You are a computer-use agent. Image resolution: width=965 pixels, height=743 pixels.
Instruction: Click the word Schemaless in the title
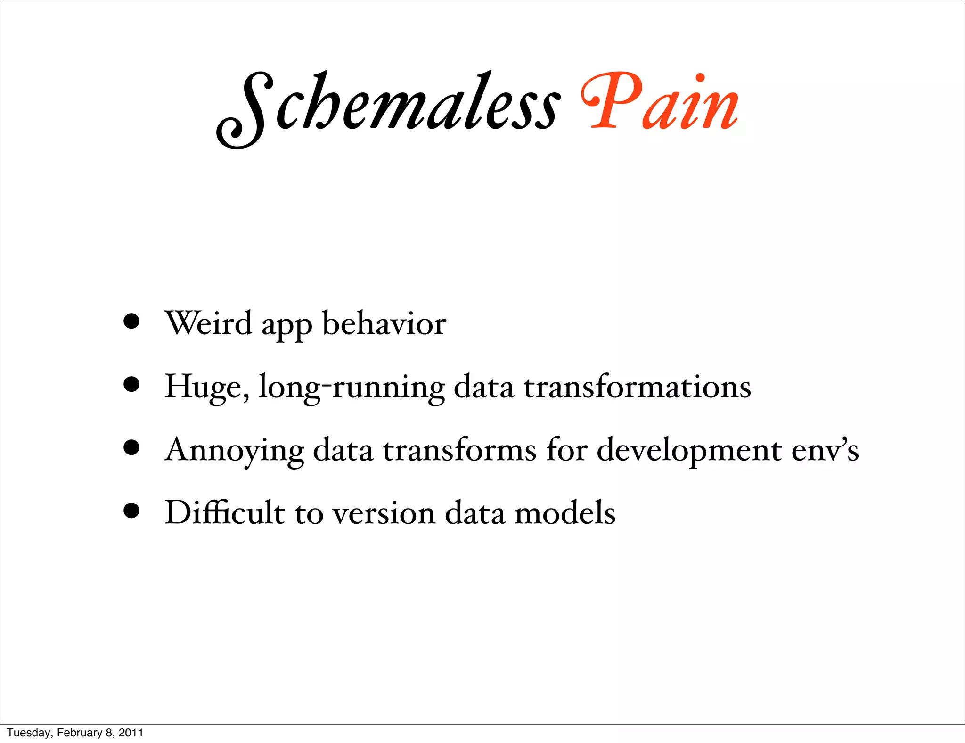[388, 106]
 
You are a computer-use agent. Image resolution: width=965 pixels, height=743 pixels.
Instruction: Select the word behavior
[384, 323]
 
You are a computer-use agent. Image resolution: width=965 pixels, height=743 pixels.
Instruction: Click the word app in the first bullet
[286, 326]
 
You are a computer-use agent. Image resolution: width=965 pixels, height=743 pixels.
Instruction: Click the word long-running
[352, 388]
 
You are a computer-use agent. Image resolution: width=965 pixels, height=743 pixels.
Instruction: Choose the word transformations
[638, 387]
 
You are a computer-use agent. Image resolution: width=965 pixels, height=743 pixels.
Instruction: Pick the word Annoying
[234, 450]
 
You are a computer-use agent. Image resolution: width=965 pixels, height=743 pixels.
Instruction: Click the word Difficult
[224, 512]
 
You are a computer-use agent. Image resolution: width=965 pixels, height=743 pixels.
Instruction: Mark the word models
[565, 512]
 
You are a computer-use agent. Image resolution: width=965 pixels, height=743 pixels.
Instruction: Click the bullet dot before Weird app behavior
[131, 322]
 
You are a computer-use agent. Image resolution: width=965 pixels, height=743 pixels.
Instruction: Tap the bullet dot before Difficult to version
[131, 511]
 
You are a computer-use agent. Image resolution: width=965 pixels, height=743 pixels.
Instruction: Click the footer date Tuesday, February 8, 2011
[75, 733]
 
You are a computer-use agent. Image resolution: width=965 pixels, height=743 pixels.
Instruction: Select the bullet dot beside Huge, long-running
[131, 385]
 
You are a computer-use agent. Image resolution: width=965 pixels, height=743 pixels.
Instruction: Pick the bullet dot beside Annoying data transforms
[131, 448]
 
